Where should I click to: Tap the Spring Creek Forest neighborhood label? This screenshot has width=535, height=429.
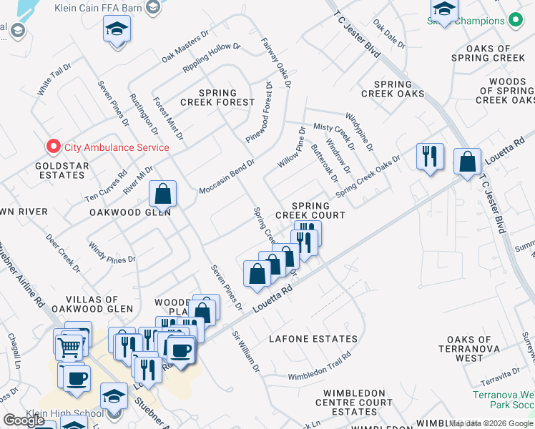click(x=217, y=97)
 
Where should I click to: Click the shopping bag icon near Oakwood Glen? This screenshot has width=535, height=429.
click(x=163, y=193)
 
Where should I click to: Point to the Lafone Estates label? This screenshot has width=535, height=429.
click(x=313, y=339)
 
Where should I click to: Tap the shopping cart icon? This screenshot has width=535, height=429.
click(x=69, y=347)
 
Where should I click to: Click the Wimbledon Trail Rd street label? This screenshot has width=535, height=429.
click(x=319, y=367)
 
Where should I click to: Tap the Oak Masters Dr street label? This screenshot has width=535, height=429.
click(x=185, y=44)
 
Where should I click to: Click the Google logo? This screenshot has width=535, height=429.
click(x=24, y=420)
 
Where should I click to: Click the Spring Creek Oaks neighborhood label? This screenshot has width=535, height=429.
click(x=393, y=89)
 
